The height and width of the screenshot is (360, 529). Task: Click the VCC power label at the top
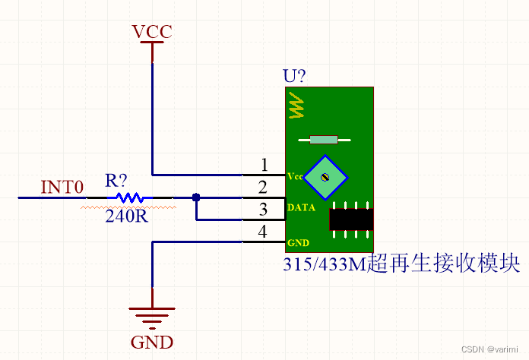tap(152, 32)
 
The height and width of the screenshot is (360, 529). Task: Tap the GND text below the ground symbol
tap(152, 341)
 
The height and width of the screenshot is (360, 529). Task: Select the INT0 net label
tap(62, 186)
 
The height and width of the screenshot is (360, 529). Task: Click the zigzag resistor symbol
tap(130, 197)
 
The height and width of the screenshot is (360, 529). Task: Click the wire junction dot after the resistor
tap(196, 197)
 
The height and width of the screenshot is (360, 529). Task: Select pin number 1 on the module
tap(264, 165)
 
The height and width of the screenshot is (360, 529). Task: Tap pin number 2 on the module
tap(263, 187)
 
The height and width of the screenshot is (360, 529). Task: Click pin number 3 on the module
tap(263, 210)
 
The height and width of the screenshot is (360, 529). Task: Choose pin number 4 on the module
tap(263, 232)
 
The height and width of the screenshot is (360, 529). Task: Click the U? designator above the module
tap(295, 77)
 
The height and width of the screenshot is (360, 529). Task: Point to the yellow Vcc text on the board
tap(295, 176)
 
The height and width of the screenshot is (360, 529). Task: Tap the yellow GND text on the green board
tap(297, 243)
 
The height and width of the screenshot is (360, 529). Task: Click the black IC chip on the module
tap(351, 219)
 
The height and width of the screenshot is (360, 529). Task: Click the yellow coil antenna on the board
tap(296, 106)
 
